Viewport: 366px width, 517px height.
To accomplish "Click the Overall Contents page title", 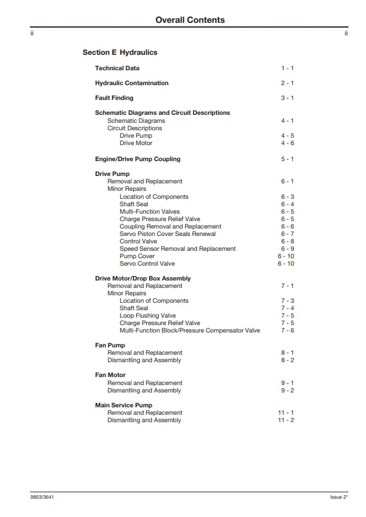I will click(x=190, y=20).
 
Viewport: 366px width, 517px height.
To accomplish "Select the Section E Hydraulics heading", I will click(x=120, y=53).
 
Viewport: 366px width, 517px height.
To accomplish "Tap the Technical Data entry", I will click(x=117, y=69).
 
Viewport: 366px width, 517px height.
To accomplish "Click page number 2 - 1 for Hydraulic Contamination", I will click(x=287, y=83).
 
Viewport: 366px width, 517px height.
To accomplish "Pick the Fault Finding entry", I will click(x=114, y=98).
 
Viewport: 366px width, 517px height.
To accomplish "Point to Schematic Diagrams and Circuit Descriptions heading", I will click(x=162, y=113).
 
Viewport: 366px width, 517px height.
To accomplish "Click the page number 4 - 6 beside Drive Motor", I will click(x=287, y=143).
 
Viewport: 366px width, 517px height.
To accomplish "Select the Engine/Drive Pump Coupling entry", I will click(x=138, y=159).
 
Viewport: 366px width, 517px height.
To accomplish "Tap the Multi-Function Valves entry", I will click(x=150, y=212).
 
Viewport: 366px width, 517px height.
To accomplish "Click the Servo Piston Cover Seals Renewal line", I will click(x=167, y=234).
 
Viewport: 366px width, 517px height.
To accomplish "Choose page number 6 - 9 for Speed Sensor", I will click(x=287, y=249).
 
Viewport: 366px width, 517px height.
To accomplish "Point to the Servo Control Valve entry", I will click(x=147, y=264).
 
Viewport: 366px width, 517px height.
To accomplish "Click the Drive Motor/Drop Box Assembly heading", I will click(x=143, y=279).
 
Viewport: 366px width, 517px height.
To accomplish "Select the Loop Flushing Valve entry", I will click(x=147, y=316).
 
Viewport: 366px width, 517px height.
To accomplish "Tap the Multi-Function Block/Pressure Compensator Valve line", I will click(x=190, y=331).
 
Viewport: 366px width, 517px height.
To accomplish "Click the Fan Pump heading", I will click(x=110, y=346).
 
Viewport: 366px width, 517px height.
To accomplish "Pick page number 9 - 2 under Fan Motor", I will click(x=287, y=391).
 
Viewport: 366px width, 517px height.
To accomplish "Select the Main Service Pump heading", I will click(x=123, y=406).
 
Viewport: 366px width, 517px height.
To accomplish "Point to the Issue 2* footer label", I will click(x=339, y=497).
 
